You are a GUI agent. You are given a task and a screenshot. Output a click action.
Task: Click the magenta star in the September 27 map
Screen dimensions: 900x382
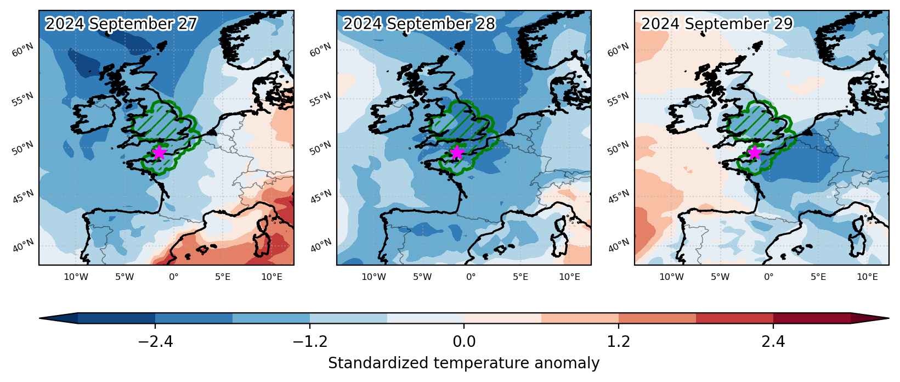coord(160,153)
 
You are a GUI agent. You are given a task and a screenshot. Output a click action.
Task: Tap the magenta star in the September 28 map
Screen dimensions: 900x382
coord(457,153)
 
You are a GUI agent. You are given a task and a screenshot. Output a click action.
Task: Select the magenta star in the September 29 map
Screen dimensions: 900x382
coord(755,153)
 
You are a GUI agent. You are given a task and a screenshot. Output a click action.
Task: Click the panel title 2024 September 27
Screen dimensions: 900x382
coord(121,24)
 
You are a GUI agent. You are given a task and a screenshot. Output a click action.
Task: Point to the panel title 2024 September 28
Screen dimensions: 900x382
coord(419,24)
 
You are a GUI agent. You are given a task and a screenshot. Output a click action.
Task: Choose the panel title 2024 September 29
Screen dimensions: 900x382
coord(717,24)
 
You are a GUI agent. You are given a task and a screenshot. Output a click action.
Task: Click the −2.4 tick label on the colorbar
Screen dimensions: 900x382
coord(155,342)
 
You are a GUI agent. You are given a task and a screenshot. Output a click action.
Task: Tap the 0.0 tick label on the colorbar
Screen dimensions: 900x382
coord(464,342)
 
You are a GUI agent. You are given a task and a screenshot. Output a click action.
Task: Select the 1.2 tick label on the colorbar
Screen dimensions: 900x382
coord(618,342)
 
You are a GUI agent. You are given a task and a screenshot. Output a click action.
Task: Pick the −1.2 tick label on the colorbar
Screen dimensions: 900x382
coord(310,342)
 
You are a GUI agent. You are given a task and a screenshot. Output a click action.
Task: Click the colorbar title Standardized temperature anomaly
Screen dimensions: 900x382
coord(463,363)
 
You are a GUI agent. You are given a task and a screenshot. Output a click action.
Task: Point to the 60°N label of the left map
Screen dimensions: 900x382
coord(22,50)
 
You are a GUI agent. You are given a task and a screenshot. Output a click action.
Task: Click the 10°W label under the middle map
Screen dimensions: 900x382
coord(373,277)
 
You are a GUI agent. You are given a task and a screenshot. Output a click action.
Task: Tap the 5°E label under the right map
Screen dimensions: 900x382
coord(818,277)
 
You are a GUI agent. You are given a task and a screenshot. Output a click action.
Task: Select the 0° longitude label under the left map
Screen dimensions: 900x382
coord(173,277)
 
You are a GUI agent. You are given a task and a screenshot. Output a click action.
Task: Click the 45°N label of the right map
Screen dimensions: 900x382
coord(618,196)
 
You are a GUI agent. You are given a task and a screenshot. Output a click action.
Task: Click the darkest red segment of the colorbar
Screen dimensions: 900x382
coord(812,318)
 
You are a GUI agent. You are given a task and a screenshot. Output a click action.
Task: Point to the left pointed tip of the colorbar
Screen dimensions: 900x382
coord(40,318)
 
